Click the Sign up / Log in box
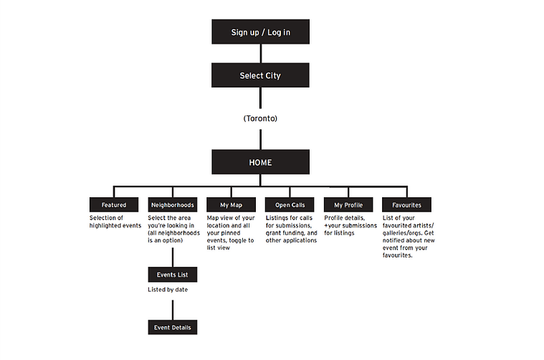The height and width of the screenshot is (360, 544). [261, 32]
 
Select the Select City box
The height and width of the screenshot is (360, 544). [260, 75]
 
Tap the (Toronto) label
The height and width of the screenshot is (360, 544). [260, 118]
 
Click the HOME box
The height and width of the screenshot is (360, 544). [261, 162]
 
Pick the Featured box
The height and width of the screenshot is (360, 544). [114, 205]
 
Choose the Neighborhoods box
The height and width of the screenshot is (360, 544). [173, 205]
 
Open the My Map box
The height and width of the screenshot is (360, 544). [231, 205]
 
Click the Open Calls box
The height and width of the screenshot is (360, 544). [290, 205]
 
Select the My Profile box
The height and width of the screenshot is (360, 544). [348, 205]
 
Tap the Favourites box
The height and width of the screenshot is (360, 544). [406, 205]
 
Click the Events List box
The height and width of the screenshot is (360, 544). [173, 275]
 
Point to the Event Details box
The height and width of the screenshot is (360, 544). [173, 327]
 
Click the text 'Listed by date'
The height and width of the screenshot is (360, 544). [168, 290]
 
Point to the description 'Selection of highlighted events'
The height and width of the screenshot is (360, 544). [115, 222]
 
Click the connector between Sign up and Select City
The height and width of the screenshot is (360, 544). [261, 54]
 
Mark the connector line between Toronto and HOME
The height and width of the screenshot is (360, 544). [261, 140]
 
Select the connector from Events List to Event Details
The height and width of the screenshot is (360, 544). [173, 310]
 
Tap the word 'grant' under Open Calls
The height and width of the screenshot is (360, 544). [273, 233]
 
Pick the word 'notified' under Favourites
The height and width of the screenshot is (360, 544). [394, 240]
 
